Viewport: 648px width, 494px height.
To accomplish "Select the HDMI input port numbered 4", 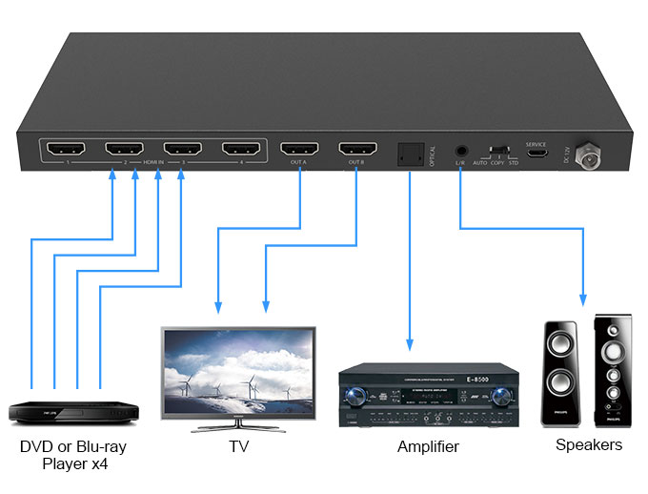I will click(241, 150).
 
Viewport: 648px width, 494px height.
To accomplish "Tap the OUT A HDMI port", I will click(299, 150).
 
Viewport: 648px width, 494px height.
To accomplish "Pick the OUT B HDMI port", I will click(358, 150).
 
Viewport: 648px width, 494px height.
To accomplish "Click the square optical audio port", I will click(411, 153).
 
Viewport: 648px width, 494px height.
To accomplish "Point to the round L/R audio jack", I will click(461, 152).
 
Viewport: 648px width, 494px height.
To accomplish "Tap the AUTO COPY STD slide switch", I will click(497, 153).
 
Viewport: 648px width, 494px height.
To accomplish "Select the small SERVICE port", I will click(537, 154).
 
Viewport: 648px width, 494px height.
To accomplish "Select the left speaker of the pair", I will click(559, 373).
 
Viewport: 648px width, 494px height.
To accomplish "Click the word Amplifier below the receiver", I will click(428, 446).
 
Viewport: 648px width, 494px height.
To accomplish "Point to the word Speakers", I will click(589, 444).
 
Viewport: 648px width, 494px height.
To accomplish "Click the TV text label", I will click(238, 446).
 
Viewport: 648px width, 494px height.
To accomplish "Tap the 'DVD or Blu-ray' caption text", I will click(72, 446).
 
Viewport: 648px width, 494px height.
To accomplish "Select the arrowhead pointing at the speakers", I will click(583, 299).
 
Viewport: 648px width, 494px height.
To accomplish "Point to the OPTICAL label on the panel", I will click(432, 156).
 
